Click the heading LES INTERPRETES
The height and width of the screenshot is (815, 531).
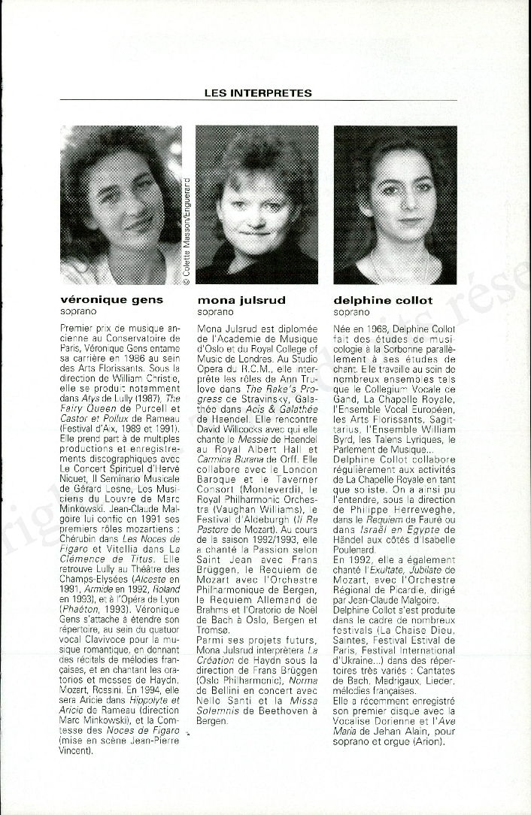pyautogui.click(x=257, y=93)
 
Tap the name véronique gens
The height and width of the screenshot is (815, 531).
pyautogui.click(x=111, y=300)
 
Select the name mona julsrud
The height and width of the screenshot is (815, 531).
pyautogui.click(x=241, y=300)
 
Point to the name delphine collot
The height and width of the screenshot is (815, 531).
pyautogui.click(x=383, y=300)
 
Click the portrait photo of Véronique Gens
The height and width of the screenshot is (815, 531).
pyautogui.click(x=120, y=205)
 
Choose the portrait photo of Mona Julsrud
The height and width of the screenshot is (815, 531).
pyautogui.click(x=256, y=205)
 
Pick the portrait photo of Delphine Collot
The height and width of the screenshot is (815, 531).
pyautogui.click(x=395, y=205)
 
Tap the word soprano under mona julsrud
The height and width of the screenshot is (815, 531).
pyautogui.click(x=215, y=311)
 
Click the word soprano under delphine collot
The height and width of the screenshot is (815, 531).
pyautogui.click(x=352, y=311)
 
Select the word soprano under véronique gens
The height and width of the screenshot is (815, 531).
pyautogui.click(x=78, y=311)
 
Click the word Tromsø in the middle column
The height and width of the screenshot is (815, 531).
pyautogui.click(x=214, y=629)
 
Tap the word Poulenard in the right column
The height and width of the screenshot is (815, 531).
pyautogui.click(x=357, y=550)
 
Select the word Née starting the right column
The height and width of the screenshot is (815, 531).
pyautogui.click(x=343, y=329)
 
